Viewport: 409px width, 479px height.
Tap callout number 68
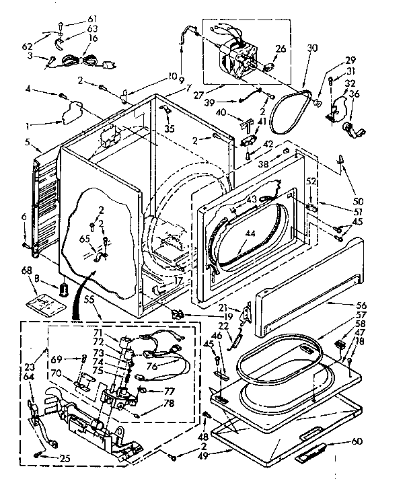tap(26, 271)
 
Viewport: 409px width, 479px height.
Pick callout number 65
tap(83, 239)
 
